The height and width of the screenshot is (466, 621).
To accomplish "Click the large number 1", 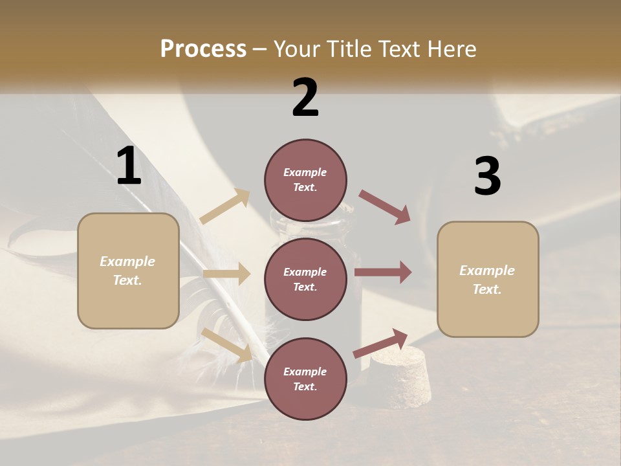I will click(129, 166).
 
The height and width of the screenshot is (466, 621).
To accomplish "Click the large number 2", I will click(305, 98).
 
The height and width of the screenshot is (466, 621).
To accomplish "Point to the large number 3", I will click(487, 176).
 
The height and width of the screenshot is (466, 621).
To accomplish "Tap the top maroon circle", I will click(305, 180).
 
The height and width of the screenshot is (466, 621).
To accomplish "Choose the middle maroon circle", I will click(305, 279).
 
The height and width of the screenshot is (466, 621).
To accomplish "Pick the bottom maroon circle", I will click(305, 379).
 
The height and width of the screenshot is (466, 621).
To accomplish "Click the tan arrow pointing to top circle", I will click(225, 206).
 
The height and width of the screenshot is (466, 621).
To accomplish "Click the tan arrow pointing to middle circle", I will click(226, 274).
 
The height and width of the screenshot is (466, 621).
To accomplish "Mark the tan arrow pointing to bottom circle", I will click(227, 345).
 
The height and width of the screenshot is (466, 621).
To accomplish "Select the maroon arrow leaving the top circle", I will click(385, 206).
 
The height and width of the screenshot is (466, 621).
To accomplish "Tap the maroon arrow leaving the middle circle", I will click(383, 272).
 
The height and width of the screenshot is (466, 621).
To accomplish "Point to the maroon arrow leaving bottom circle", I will click(381, 343).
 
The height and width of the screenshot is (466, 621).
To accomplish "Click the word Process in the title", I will click(203, 49).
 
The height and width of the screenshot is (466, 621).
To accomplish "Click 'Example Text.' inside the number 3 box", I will click(487, 280).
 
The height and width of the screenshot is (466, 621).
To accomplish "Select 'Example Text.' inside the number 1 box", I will click(127, 271).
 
